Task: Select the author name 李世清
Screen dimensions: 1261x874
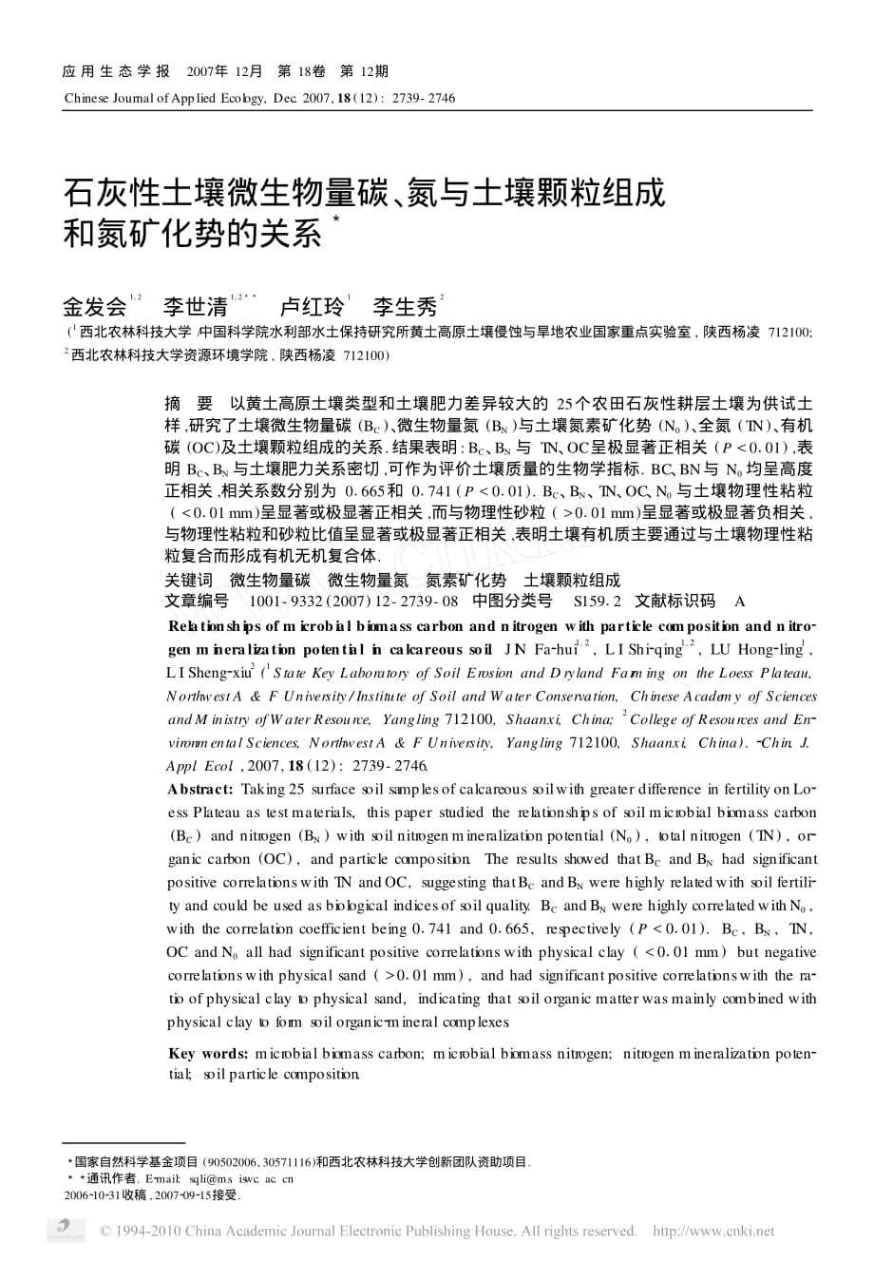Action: pyautogui.click(x=195, y=307)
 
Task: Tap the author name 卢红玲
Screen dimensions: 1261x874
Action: pyautogui.click(x=312, y=307)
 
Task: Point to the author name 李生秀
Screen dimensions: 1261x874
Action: pyautogui.click(x=404, y=307)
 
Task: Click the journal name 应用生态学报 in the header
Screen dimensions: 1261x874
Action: pyautogui.click(x=116, y=71)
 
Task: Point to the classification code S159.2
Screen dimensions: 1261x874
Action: pyautogui.click(x=597, y=602)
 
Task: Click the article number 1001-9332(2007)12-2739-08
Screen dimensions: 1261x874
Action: pyautogui.click(x=352, y=602)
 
